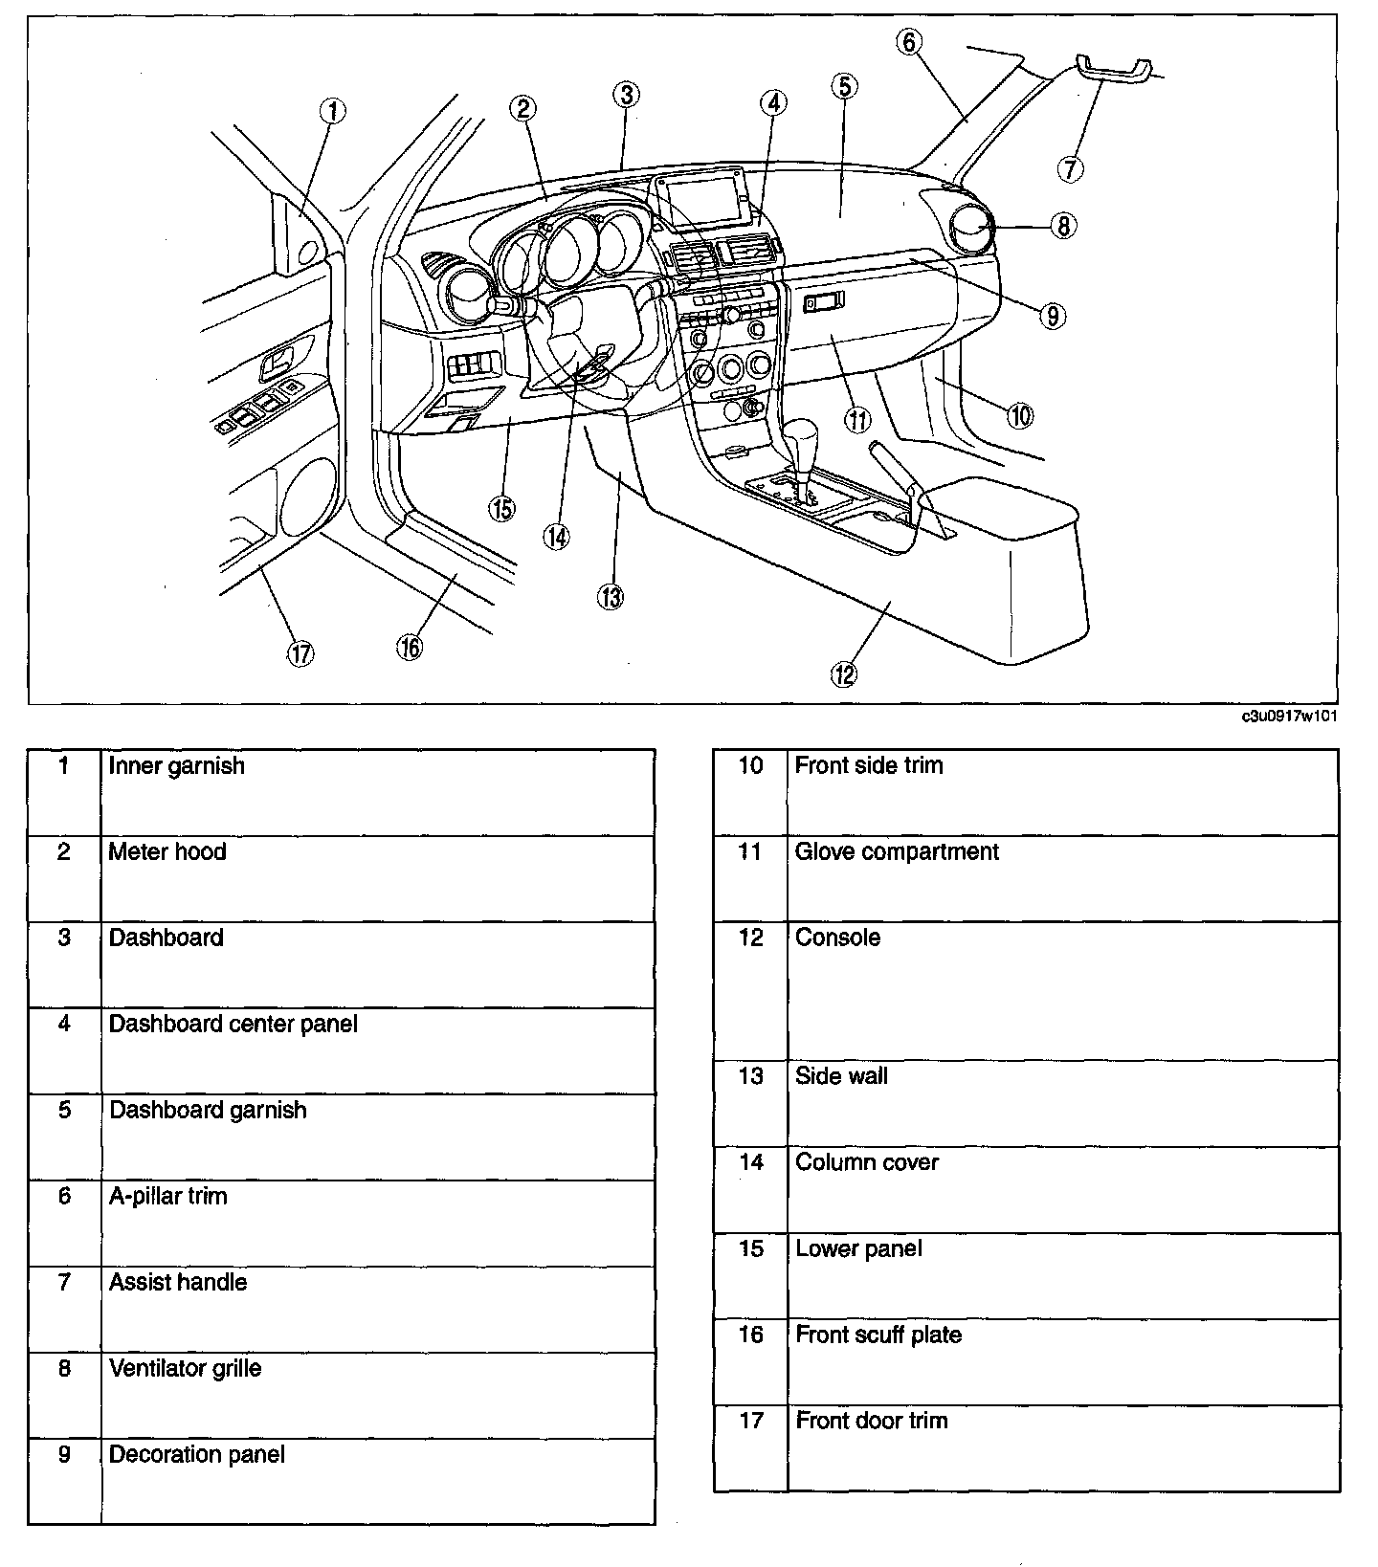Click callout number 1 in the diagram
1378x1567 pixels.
click(332, 112)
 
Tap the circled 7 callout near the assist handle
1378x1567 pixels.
click(1070, 169)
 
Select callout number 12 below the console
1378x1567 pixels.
click(843, 674)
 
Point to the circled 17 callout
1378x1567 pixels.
click(300, 653)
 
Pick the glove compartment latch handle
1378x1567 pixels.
click(824, 303)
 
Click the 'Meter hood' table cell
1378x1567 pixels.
click(167, 852)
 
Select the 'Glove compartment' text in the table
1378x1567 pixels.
click(897, 852)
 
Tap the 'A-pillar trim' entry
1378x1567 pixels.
click(168, 1197)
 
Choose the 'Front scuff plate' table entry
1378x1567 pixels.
click(878, 1335)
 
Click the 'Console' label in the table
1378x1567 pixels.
click(837, 938)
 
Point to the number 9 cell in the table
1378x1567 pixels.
click(64, 1455)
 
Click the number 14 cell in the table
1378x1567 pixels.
click(751, 1163)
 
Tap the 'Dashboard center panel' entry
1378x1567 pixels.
click(233, 1025)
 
